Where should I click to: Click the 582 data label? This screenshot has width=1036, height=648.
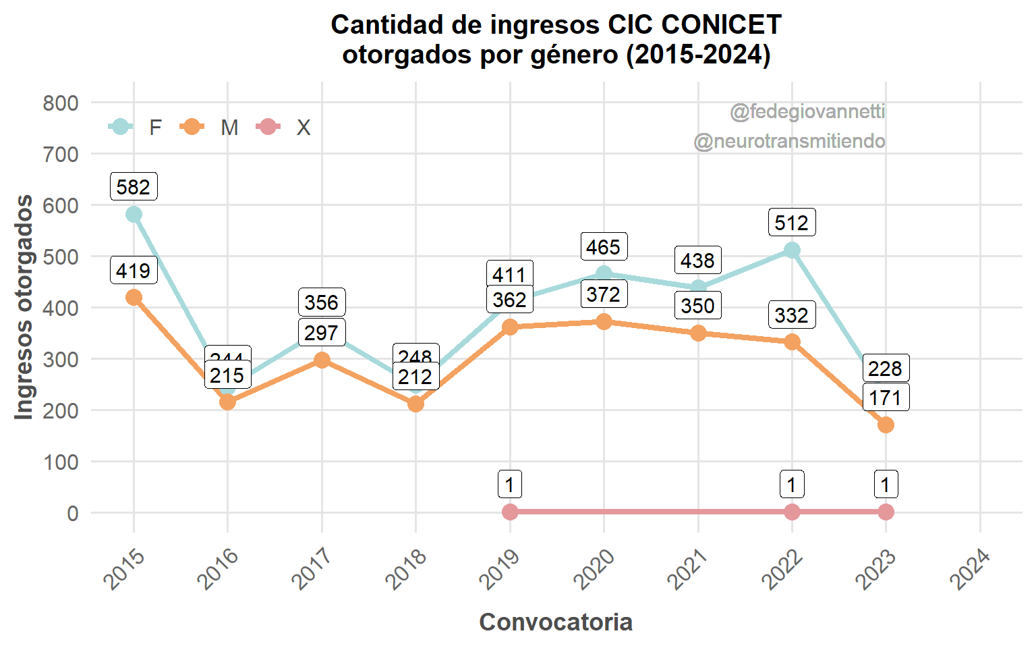[x=134, y=187]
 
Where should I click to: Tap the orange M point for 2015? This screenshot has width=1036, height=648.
[x=134, y=298]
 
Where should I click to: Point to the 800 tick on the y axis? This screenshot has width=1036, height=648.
[x=61, y=103]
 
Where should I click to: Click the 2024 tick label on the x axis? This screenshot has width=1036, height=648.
[x=970, y=569]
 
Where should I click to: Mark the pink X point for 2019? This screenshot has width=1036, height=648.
[x=510, y=512]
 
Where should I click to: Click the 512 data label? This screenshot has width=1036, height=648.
[x=791, y=223]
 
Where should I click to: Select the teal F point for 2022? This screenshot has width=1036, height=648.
[x=792, y=250]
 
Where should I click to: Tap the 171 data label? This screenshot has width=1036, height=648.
[x=885, y=398]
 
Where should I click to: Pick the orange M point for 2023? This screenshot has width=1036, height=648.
[x=886, y=425]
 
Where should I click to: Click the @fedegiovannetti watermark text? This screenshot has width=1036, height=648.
[x=807, y=111]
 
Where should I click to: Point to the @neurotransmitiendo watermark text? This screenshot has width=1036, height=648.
[x=789, y=141]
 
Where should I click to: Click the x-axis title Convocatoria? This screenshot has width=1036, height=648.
[x=556, y=622]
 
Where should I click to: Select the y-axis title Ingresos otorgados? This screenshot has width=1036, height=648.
[x=24, y=307]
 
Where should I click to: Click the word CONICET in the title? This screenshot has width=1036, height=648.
[x=721, y=25]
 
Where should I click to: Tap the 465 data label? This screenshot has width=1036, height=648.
[x=603, y=247]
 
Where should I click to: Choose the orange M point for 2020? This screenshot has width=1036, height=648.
[x=604, y=321]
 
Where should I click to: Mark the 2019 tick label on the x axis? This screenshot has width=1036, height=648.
[x=500, y=569]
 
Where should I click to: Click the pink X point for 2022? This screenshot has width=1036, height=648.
[x=792, y=512]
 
